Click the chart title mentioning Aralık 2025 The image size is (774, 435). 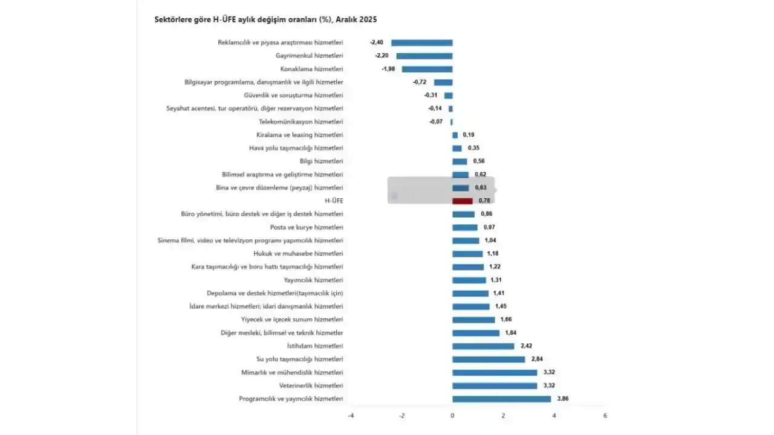pyautogui.click(x=265, y=20)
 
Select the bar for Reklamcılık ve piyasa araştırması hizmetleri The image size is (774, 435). pyautogui.click(x=421, y=43)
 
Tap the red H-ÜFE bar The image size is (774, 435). pyautogui.click(x=462, y=201)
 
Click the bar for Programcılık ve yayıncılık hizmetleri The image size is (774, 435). pyautogui.click(x=501, y=399)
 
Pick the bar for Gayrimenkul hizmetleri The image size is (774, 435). pyautogui.click(x=424, y=56)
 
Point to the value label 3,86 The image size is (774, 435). pyautogui.click(x=562, y=399)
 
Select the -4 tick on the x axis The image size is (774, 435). pyautogui.click(x=351, y=416)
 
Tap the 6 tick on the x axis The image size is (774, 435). pyautogui.click(x=605, y=416)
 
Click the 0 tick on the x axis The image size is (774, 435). pyautogui.click(x=452, y=416)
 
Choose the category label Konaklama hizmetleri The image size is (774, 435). pyautogui.click(x=311, y=69)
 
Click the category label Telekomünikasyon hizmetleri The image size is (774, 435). pyautogui.click(x=301, y=122)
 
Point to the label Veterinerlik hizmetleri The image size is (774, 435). pyautogui.click(x=311, y=385)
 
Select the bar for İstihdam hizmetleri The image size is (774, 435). pyautogui.click(x=483, y=346)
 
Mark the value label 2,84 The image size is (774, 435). pyautogui.click(x=537, y=359)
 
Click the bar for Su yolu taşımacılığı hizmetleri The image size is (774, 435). pyautogui.click(x=489, y=359)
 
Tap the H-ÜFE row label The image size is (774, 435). pyautogui.click(x=334, y=201)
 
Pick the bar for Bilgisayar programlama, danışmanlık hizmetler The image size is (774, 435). pyautogui.click(x=443, y=82)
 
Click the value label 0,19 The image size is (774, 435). pyautogui.click(x=468, y=135)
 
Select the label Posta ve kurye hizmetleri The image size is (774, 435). pyautogui.click(x=306, y=228)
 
